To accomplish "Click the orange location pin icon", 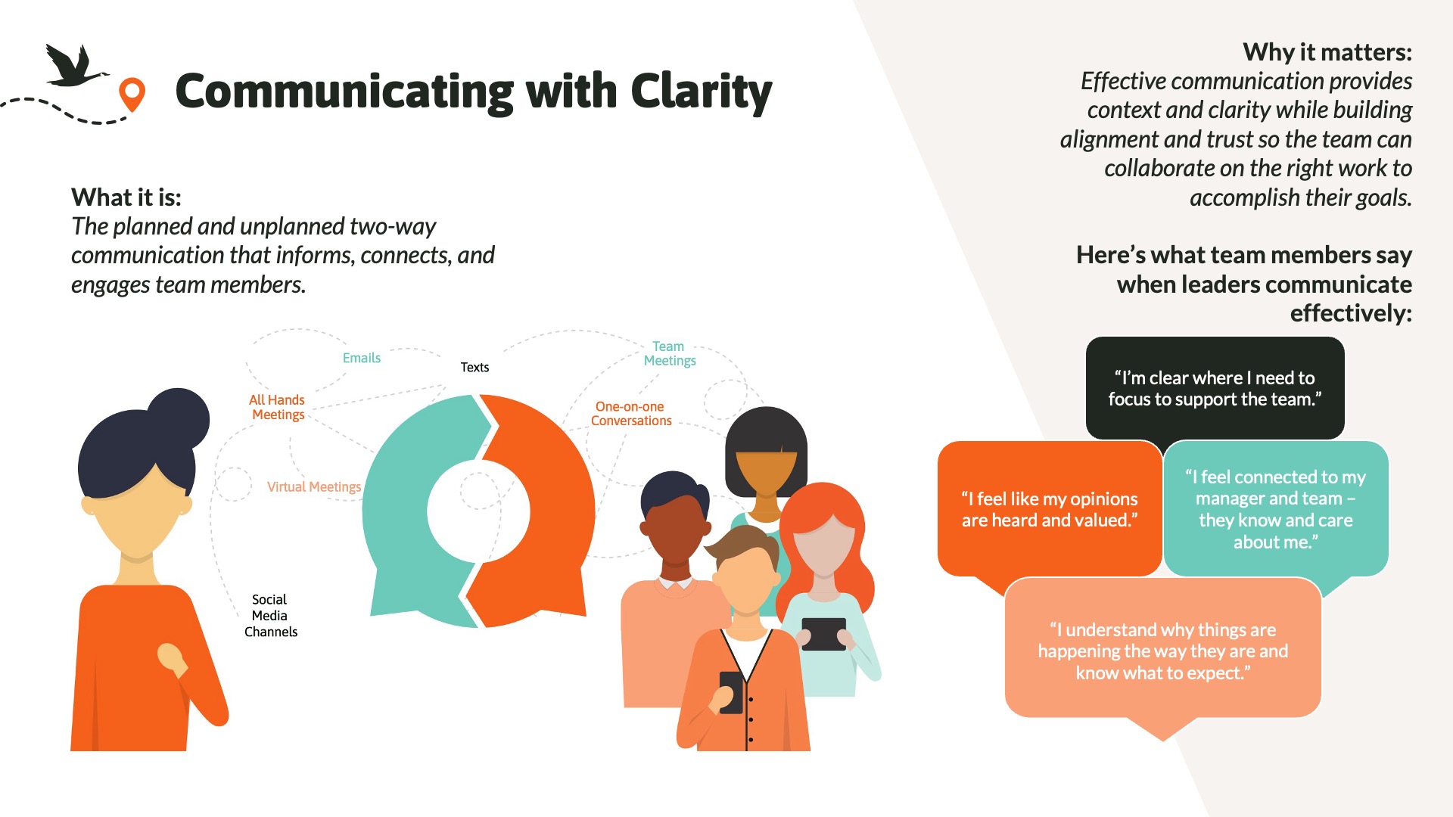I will (x=132, y=93).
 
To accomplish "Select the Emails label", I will (x=362, y=358).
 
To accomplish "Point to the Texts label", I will (x=474, y=368).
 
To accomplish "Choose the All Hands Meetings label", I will (x=278, y=407).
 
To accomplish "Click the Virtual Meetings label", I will (x=314, y=487).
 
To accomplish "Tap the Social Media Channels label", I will (x=270, y=616).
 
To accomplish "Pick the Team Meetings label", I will (x=669, y=353).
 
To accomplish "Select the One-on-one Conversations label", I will (x=630, y=414).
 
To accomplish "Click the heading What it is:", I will (x=126, y=197).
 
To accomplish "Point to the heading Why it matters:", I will (x=1327, y=52).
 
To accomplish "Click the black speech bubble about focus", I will (x=1215, y=388).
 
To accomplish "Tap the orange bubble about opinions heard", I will (x=1050, y=509).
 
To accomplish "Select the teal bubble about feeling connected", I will (x=1275, y=509).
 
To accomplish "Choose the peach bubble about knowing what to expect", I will (x=1162, y=651).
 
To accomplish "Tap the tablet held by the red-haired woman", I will (x=823, y=634).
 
